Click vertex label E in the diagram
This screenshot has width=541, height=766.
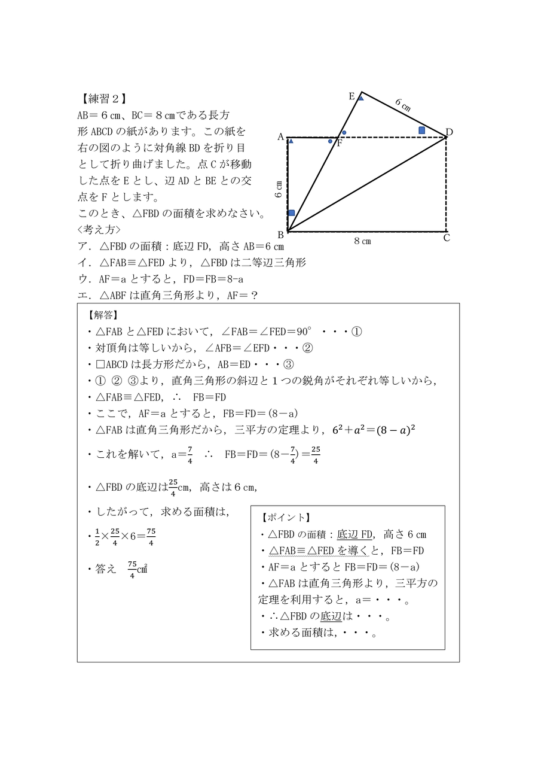click(352, 96)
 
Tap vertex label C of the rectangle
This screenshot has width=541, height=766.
click(447, 238)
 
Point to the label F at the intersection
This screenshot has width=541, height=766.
click(339, 143)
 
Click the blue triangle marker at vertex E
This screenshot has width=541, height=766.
click(360, 98)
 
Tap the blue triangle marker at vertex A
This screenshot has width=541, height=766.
click(291, 141)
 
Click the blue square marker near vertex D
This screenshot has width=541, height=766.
click(421, 130)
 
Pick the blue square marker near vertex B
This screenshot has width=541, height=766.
click(291, 213)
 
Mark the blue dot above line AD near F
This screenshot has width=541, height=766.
click(344, 132)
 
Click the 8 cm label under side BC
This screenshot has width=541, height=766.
click(362, 241)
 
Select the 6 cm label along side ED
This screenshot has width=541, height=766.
click(403, 105)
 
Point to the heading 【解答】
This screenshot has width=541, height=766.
click(102, 315)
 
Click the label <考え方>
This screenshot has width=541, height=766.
click(99, 229)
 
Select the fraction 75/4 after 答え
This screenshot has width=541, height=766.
click(132, 570)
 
